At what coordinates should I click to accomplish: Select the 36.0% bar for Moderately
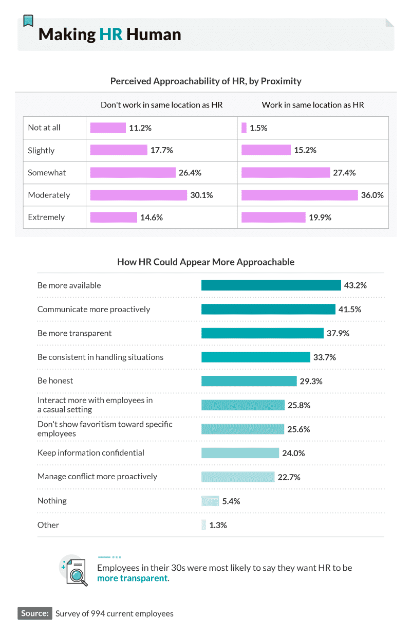(x=299, y=195)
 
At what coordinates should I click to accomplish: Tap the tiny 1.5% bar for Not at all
(x=244, y=128)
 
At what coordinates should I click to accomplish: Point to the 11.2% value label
(x=140, y=128)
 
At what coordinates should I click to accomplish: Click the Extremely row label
(x=46, y=217)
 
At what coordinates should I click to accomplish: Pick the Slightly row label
(x=41, y=151)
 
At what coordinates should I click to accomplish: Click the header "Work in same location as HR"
(x=312, y=105)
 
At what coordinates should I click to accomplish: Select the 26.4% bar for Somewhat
(x=133, y=173)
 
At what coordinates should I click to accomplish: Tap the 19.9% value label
(x=320, y=218)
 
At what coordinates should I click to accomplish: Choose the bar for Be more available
(x=271, y=285)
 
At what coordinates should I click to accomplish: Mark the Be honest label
(x=55, y=381)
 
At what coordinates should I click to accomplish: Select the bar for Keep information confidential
(x=240, y=453)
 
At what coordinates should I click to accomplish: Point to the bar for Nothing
(x=210, y=501)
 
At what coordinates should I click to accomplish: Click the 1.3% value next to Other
(x=218, y=526)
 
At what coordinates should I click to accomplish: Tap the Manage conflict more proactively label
(x=97, y=476)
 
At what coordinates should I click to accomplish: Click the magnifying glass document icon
(x=76, y=571)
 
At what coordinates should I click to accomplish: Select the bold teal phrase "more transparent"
(x=132, y=578)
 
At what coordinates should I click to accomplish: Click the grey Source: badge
(x=35, y=613)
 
